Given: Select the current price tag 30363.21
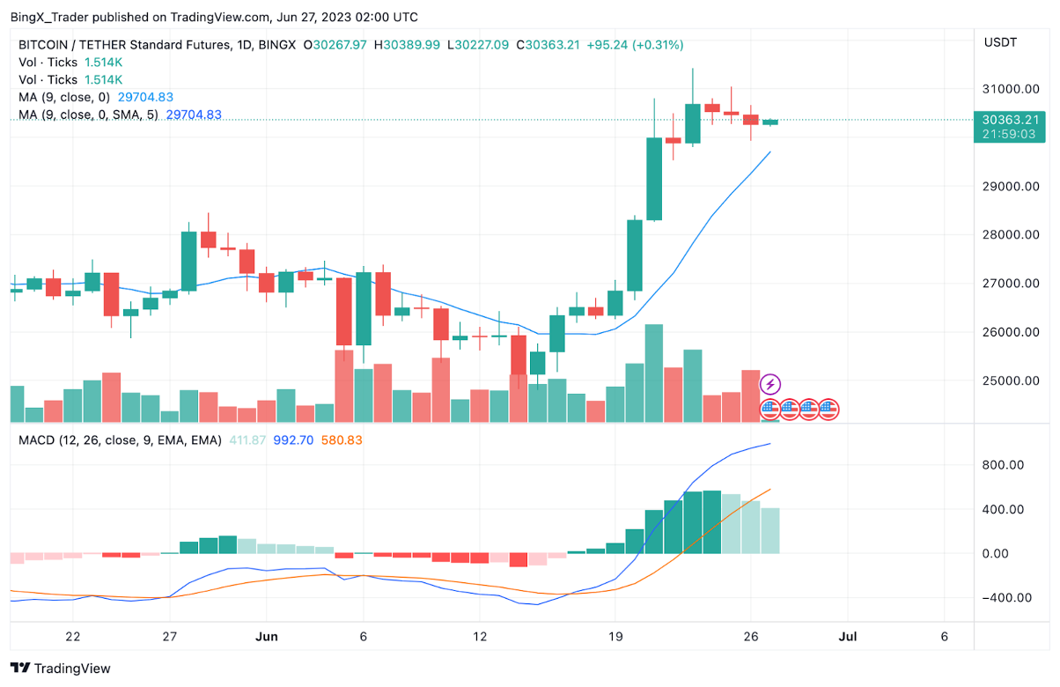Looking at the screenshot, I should (1008, 120).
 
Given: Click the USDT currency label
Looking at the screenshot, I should (1001, 41).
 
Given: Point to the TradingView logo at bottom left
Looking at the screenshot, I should (61, 669).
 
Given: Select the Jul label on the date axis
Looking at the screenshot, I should (848, 637).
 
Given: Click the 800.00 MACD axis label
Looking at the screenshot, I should (1003, 465).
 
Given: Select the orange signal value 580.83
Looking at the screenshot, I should (344, 440).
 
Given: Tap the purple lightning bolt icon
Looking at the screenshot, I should (770, 384).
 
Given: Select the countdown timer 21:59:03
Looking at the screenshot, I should (1008, 134).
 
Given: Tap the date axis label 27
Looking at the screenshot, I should (170, 637).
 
